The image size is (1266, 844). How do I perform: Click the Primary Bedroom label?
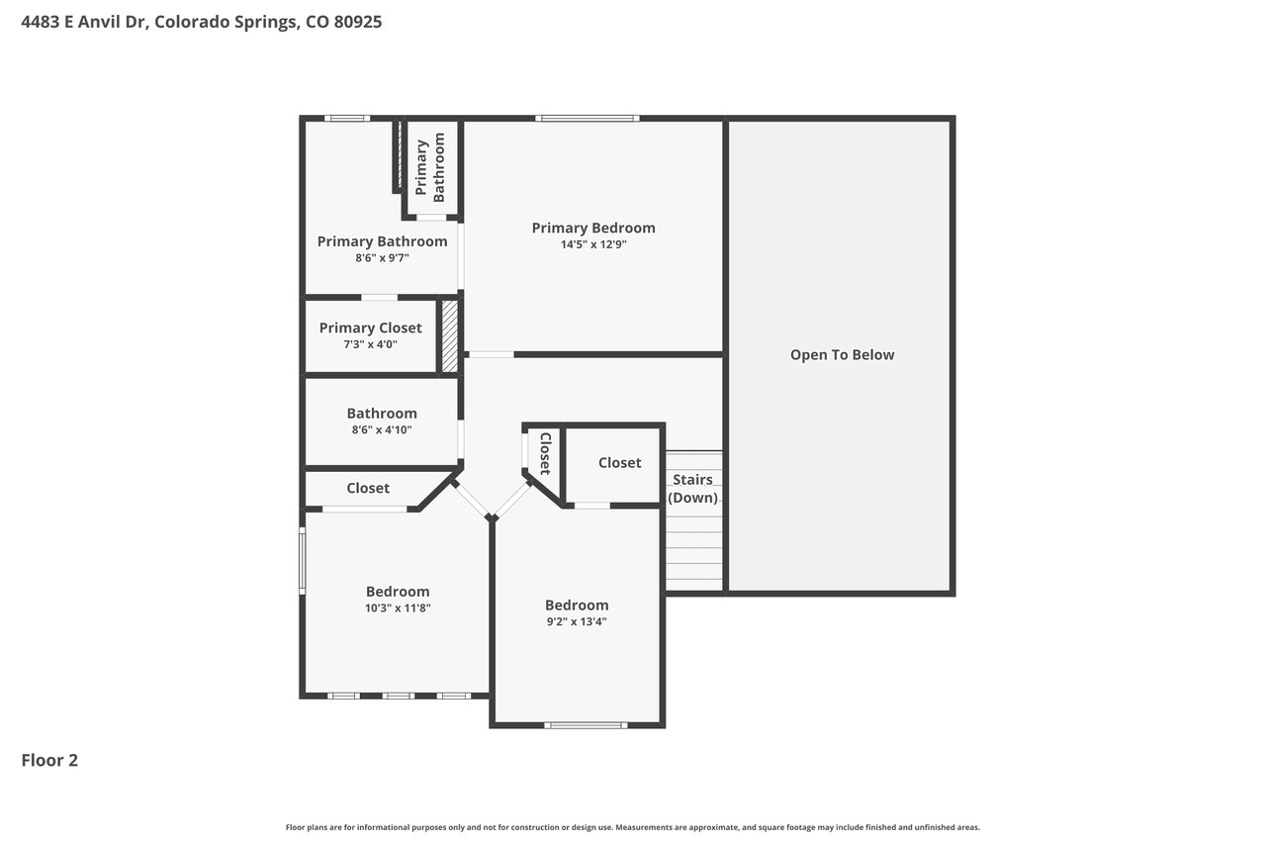(593, 228)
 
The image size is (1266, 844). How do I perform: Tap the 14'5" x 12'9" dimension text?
(593, 244)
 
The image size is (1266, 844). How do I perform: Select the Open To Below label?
(842, 355)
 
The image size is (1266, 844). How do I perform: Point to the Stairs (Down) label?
(693, 489)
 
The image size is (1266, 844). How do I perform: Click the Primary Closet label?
(371, 328)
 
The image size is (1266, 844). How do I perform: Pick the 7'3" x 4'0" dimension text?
(371, 345)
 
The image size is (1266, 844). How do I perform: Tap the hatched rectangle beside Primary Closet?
(449, 335)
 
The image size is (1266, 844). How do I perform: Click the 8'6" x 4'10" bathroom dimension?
(382, 430)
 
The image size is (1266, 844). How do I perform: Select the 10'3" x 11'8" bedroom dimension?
(398, 609)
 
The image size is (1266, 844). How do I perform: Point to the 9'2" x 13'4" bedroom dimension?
(577, 621)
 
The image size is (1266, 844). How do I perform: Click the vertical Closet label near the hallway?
(545, 453)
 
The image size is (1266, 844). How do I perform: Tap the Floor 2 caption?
(49, 760)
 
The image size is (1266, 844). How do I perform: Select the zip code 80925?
(358, 22)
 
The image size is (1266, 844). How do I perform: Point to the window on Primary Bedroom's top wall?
(588, 118)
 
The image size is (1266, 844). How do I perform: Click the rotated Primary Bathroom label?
(430, 167)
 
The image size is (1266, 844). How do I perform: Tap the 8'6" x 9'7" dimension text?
(382, 258)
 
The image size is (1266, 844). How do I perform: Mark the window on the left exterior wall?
(303, 561)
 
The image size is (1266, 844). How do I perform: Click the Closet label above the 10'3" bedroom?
(368, 489)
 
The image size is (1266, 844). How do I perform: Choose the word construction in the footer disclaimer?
(536, 827)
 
